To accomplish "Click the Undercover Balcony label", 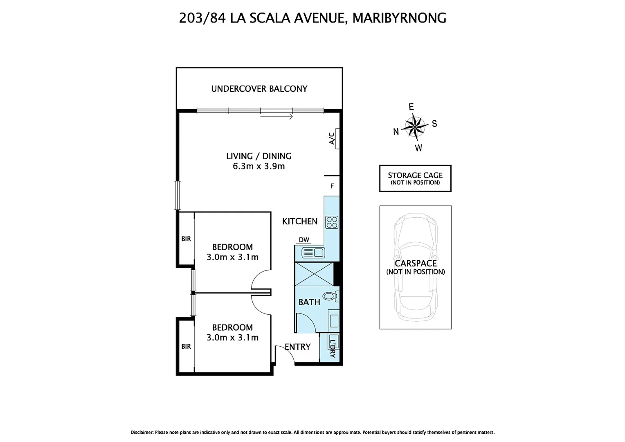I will click(x=259, y=89).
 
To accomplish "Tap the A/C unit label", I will click(x=332, y=138).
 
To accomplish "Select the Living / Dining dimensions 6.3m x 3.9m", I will click(x=259, y=166).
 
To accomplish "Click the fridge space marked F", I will click(x=332, y=186).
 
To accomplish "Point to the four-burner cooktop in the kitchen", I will click(x=332, y=222).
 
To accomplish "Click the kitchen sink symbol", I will click(x=313, y=253).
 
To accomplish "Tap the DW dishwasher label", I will click(x=304, y=240).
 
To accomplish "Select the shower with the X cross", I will click(x=314, y=274).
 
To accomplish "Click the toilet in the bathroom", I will click(x=330, y=296).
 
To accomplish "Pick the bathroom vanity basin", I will click(x=334, y=319).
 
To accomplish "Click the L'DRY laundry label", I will click(x=332, y=348).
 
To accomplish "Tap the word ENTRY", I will click(x=298, y=347).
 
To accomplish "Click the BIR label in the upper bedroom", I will click(x=186, y=239).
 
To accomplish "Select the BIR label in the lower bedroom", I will click(x=186, y=346).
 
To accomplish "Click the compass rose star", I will click(x=415, y=126).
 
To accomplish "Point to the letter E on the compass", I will click(x=411, y=107).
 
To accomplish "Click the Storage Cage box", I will click(x=415, y=178).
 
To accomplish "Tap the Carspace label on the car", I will click(x=416, y=264).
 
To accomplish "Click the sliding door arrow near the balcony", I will click(x=277, y=117).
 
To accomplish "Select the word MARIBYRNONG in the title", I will click(x=399, y=18).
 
